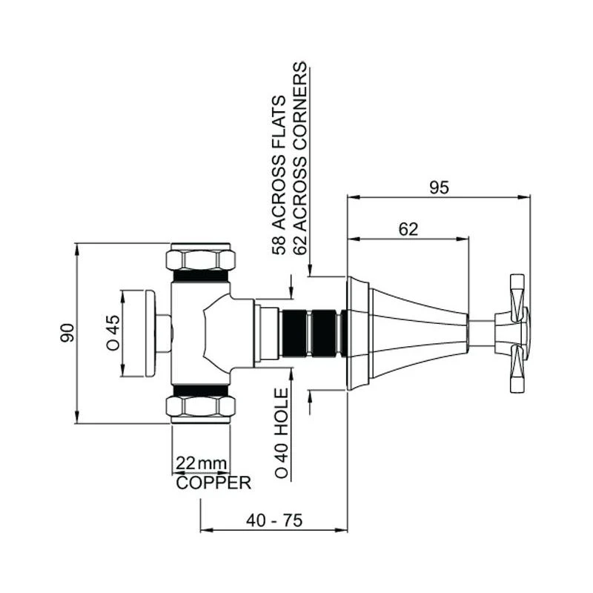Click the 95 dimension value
pos(440,188)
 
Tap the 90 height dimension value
pos(68,333)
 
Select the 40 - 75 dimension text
pos(274,520)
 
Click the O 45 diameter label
pos(113,333)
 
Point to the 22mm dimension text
pos(201,463)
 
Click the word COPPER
pos(213,483)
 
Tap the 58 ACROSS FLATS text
pos(279,175)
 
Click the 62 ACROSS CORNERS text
pos(299,159)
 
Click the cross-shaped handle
pos(516,333)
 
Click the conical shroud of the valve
pos(419,333)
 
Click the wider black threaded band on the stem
pos(294,333)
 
